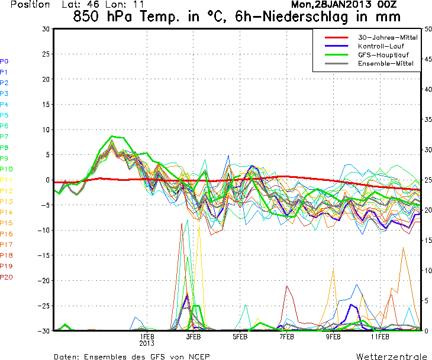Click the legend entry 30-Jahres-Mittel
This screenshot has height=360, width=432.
point(388,37)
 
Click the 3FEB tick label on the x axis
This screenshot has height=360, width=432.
point(193,337)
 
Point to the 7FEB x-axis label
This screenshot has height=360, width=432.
point(286,337)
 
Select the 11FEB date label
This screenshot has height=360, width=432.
point(380,337)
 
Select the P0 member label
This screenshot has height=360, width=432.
point(4,61)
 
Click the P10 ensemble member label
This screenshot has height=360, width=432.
point(6,169)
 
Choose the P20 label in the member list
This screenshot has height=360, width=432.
point(6,277)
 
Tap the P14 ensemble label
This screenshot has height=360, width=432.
point(6,212)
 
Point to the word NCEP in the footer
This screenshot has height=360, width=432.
point(197,356)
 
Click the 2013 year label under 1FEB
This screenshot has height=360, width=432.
point(147,343)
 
